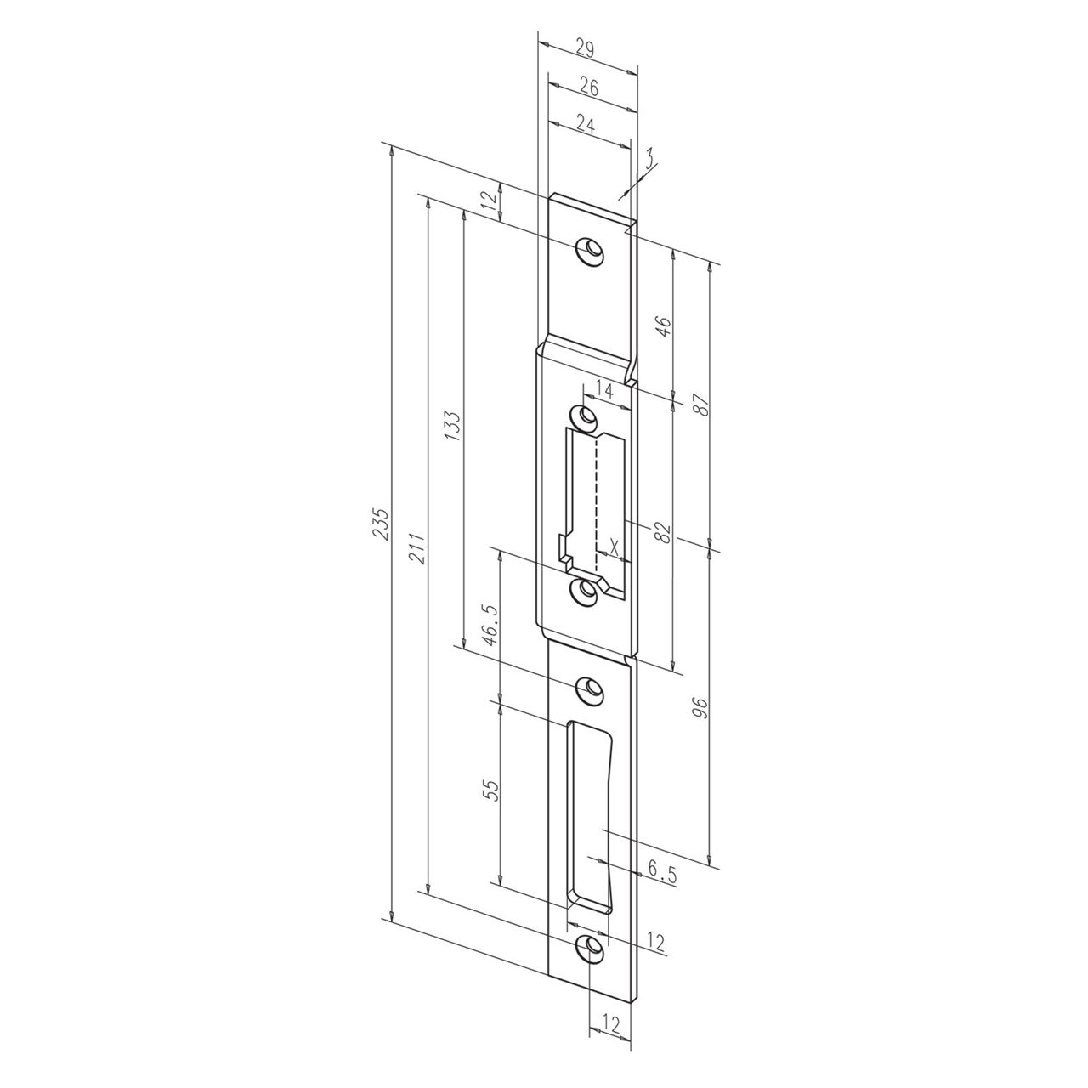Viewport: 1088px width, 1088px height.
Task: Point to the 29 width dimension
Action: coord(585,49)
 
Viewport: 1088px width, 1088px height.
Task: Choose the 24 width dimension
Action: coord(586,124)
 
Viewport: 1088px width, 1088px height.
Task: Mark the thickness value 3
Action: coord(649,158)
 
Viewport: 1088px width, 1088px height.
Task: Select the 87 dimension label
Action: coord(701,404)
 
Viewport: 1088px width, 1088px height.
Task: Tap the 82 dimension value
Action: coord(664,532)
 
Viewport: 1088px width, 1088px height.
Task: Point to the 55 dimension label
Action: coord(490,791)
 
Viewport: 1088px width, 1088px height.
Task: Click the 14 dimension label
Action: coord(604,391)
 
